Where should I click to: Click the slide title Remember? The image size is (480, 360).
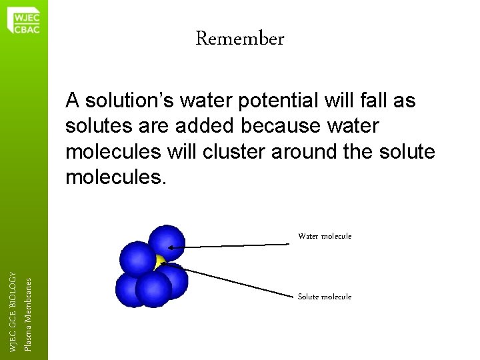click(240, 39)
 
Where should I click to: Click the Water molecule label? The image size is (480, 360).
click(325, 236)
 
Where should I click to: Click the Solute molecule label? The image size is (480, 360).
click(325, 297)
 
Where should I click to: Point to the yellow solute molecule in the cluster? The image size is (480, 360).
click(159, 261)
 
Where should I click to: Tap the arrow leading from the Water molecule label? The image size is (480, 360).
click(233, 247)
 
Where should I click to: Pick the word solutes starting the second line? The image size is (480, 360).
click(95, 126)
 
